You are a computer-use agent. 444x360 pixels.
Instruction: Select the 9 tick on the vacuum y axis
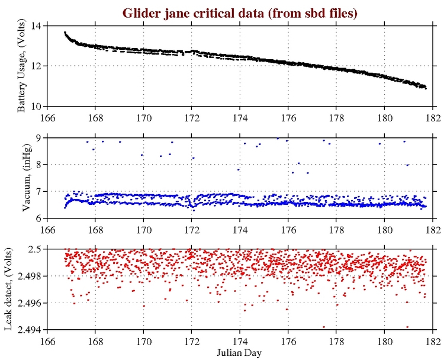click(39, 137)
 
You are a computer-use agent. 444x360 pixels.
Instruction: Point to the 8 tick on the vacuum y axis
click(39, 164)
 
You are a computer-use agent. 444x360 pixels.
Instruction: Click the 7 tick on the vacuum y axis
click(39, 191)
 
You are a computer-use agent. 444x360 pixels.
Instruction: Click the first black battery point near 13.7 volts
click(65, 33)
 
